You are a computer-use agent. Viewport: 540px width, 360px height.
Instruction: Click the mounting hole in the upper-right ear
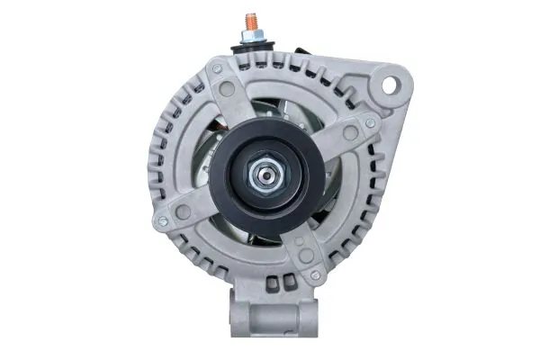click(391, 85)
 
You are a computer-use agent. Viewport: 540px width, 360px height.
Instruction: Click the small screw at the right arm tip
click(370, 122)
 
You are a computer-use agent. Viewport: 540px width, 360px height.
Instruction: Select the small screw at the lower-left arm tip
click(162, 220)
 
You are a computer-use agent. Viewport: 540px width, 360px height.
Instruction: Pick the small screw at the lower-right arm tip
click(315, 274)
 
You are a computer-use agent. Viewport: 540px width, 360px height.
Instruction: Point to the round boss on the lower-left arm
click(183, 211)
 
